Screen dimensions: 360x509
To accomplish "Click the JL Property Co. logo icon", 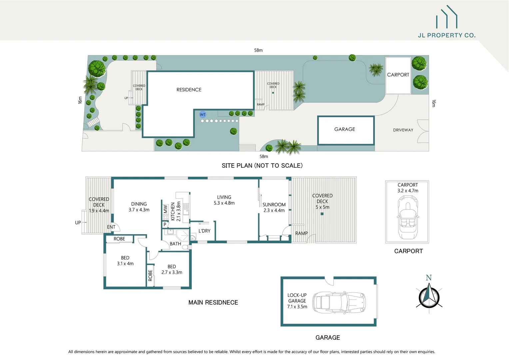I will tap(447, 17).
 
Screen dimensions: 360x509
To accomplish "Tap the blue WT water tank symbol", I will tap(203, 115).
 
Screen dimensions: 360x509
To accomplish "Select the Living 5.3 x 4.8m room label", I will tap(224, 200).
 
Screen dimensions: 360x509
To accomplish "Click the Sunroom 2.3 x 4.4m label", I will tap(274, 207).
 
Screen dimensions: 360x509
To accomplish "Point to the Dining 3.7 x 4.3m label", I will tap(139, 207).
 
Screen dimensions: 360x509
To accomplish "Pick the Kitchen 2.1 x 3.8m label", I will tap(176, 211).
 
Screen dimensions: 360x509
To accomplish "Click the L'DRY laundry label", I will tap(204, 231).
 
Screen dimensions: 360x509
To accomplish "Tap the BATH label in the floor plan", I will tap(175, 244).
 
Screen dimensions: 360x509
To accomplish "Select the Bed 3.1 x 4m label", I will tap(125, 261).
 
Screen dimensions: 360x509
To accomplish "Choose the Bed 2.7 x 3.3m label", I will tap(172, 269).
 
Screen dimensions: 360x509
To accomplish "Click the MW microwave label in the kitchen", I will tap(165, 209).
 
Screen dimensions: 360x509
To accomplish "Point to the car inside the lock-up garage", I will tap(339, 302).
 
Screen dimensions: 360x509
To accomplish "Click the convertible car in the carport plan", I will tap(407, 217).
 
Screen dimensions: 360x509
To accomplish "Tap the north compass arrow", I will tap(429, 295).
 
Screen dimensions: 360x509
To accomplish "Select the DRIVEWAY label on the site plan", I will tap(403, 130).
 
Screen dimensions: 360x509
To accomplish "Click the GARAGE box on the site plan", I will tap(345, 130).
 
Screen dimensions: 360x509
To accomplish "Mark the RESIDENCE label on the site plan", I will tap(189, 90).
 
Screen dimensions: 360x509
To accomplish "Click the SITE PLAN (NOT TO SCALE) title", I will tap(262, 166).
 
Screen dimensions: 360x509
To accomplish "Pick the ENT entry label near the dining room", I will tap(111, 227).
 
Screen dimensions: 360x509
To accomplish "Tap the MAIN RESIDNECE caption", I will tap(213, 303).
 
